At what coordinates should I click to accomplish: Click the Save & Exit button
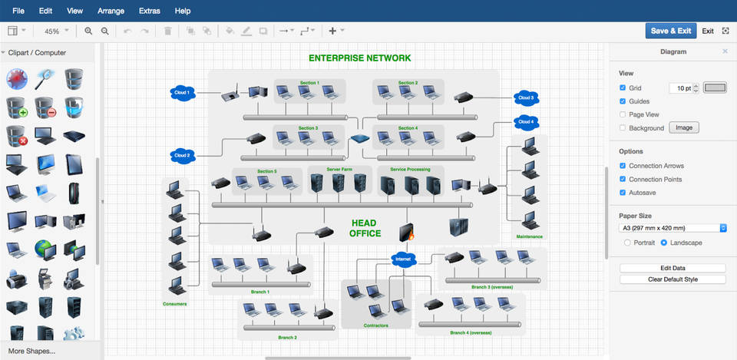(670, 31)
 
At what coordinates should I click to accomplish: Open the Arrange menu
(111, 11)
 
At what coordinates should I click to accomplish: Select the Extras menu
(150, 11)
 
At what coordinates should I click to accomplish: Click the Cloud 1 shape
(182, 93)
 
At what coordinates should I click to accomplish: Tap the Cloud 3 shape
(526, 97)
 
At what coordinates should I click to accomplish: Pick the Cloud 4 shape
(526, 121)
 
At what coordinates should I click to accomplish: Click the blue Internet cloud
(403, 259)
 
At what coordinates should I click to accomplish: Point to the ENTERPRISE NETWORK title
(359, 58)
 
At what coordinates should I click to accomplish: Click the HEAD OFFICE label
(365, 228)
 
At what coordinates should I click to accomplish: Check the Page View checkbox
(623, 114)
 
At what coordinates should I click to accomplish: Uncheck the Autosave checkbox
(623, 193)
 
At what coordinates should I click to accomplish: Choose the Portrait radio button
(627, 243)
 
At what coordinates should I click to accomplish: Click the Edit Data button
(673, 268)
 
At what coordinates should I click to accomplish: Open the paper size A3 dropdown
(673, 228)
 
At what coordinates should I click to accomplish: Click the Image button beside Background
(683, 128)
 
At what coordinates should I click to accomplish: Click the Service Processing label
(415, 169)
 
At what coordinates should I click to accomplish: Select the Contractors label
(376, 325)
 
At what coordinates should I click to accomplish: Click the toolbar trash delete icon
(168, 31)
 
